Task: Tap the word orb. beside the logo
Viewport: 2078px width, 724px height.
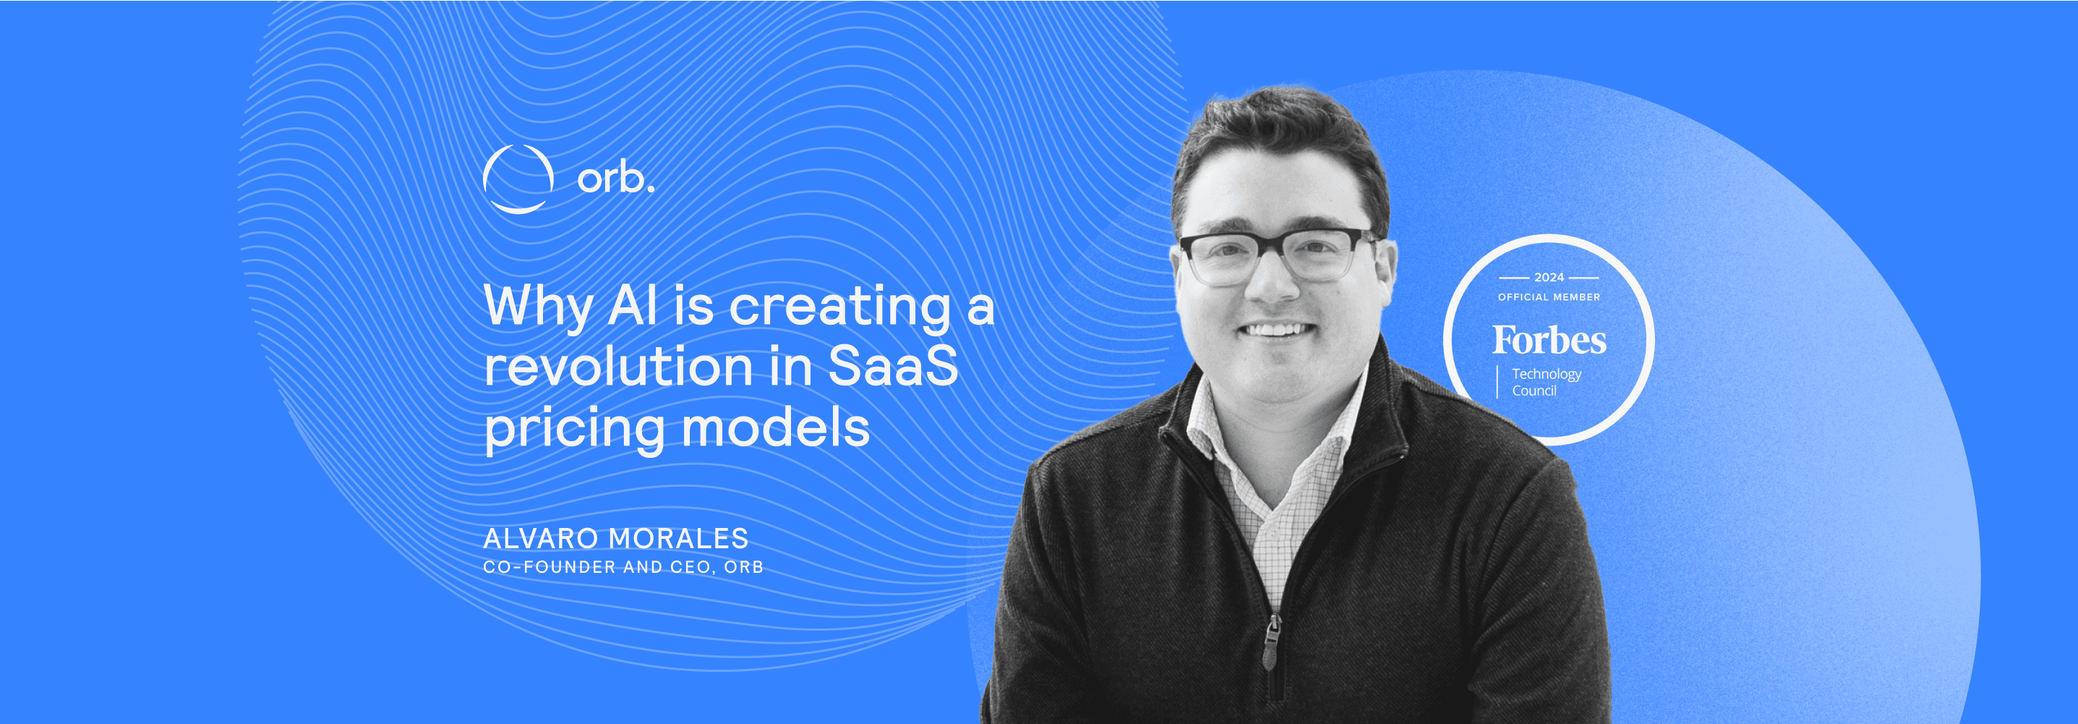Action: (615, 178)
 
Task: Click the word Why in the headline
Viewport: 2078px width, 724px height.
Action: (538, 307)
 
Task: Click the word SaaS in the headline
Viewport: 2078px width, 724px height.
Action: (893, 366)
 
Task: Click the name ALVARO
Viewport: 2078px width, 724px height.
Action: (541, 538)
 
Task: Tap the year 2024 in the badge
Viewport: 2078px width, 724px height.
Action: (1549, 277)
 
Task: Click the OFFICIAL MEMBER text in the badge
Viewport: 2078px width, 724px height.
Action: (1549, 297)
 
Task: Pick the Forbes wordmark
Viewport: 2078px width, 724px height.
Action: (1549, 340)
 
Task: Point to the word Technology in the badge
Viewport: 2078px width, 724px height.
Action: (1547, 375)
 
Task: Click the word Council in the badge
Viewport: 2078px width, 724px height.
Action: (1534, 391)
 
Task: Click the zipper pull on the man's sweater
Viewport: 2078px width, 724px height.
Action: (1271, 642)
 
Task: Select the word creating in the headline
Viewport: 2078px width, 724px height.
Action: (839, 307)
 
